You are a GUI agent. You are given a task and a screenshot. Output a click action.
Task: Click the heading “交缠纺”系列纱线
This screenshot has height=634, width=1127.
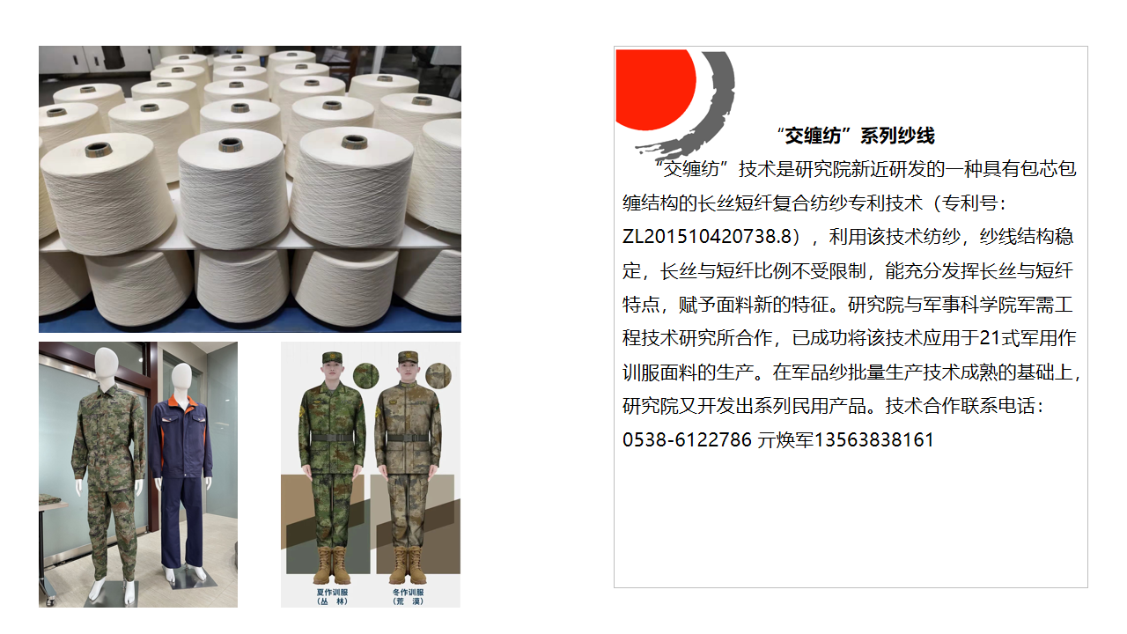coord(856,136)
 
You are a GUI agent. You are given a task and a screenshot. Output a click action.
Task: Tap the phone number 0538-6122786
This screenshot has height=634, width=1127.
coord(687,439)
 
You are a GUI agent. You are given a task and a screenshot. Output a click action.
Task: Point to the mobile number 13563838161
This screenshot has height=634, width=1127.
coord(874,439)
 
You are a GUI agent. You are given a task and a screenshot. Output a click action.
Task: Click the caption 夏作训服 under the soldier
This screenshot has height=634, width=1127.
coord(333,593)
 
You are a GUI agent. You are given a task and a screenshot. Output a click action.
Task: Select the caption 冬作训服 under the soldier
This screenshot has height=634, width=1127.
coord(408,593)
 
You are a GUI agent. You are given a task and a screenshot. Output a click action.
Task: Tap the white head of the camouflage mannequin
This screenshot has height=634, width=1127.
coord(106,364)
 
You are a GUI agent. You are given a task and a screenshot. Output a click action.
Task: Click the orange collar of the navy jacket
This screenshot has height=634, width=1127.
coord(181,402)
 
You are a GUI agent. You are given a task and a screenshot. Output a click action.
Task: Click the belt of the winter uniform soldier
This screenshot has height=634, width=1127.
coord(407,438)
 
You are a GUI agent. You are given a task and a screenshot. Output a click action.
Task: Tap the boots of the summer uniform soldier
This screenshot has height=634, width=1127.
coord(332,564)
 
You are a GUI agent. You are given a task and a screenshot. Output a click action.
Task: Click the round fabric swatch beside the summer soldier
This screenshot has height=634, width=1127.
coord(365,375)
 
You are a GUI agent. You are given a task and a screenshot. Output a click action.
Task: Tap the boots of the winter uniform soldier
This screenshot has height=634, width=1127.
coord(407,564)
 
